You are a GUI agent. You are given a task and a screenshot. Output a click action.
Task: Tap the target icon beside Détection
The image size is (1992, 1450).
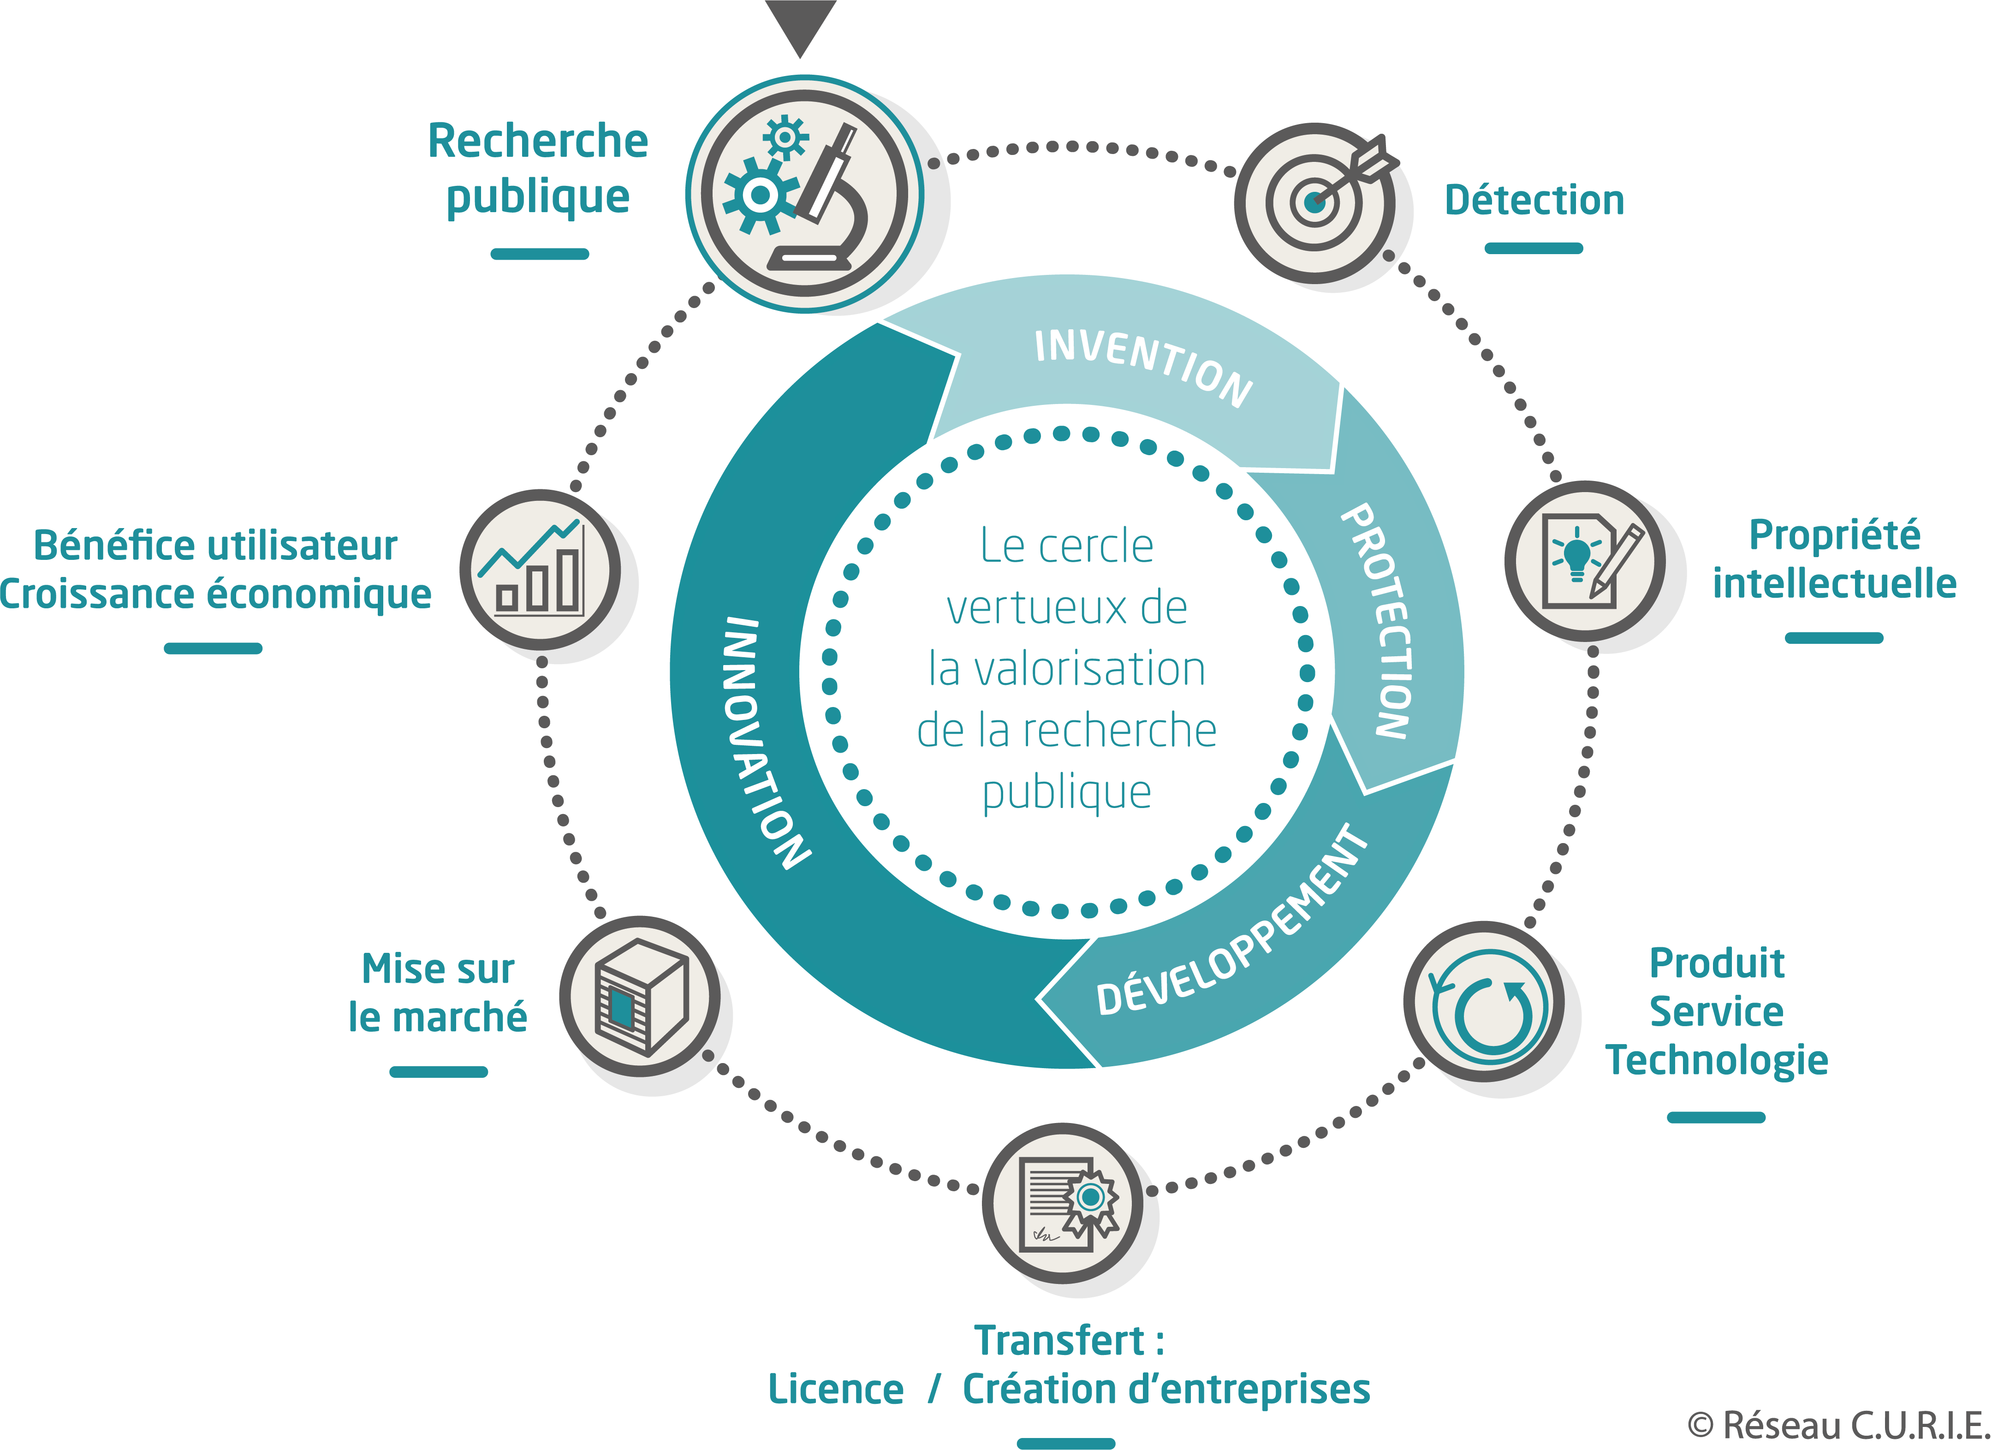(x=1315, y=203)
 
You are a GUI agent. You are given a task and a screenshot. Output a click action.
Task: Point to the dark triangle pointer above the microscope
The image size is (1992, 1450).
(x=800, y=24)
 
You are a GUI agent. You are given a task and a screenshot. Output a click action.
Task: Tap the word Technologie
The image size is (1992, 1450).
(x=1716, y=1059)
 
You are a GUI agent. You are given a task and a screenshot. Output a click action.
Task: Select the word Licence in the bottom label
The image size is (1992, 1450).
(x=835, y=1389)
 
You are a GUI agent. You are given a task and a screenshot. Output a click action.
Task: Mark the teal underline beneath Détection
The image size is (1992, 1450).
(x=1534, y=249)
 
